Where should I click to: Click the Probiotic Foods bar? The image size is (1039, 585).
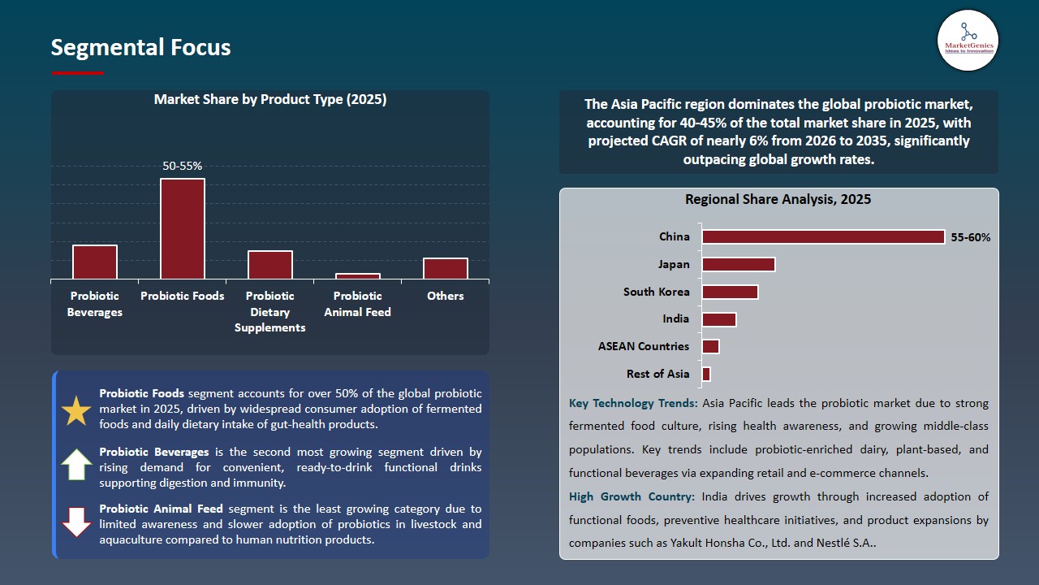click(183, 229)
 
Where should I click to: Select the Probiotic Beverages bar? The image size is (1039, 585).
click(95, 262)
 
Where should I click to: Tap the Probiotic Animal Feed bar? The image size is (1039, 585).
click(358, 276)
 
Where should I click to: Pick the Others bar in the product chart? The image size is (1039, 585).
click(446, 269)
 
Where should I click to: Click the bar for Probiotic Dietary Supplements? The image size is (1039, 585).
click(270, 265)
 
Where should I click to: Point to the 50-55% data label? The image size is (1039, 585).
click(183, 166)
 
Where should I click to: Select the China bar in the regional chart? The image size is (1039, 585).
click(823, 236)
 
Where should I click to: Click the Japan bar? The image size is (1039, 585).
click(739, 264)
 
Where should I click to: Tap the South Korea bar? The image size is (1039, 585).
click(730, 292)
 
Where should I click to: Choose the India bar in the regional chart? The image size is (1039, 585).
click(719, 319)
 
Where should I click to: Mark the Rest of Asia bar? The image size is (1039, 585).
click(706, 374)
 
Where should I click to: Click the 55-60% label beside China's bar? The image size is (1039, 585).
click(971, 237)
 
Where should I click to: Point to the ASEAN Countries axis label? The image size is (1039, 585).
click(644, 346)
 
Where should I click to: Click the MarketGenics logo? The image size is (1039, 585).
click(968, 40)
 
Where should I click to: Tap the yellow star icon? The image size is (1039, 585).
click(77, 411)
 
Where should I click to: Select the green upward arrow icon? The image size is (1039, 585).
click(77, 464)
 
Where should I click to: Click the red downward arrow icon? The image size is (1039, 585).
click(77, 522)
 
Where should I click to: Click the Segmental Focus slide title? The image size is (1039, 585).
click(140, 48)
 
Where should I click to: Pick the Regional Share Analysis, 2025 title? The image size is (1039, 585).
click(778, 199)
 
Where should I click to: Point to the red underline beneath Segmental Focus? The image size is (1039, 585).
click(78, 73)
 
